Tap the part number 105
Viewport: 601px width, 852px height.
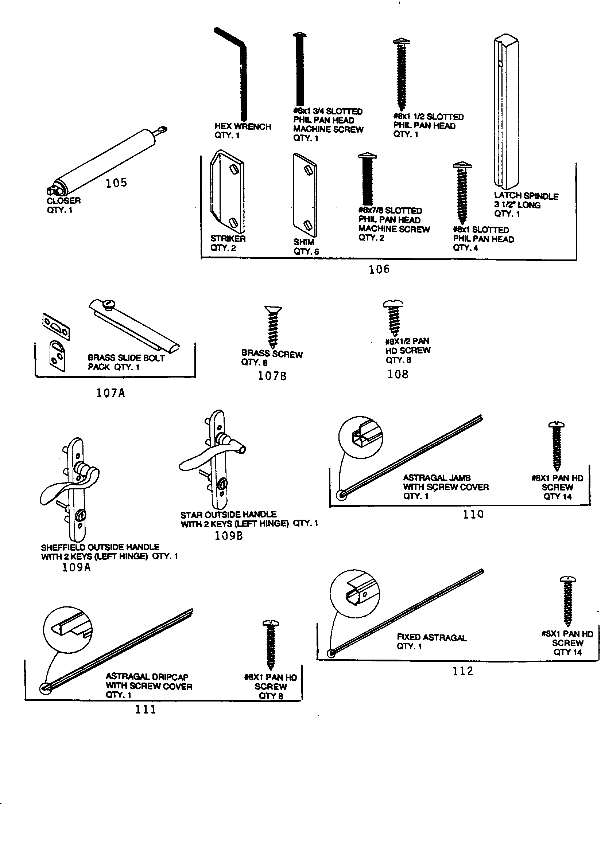pos(116,183)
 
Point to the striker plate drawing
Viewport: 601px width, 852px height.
pos(227,192)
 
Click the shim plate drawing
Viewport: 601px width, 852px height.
pos(305,195)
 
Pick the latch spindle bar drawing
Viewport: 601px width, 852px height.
pos(505,111)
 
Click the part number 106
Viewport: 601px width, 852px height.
pos(379,269)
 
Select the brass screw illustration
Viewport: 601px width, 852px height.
pos(273,327)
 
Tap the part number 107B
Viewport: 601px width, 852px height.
pos(272,376)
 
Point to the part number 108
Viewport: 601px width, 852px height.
pos(398,374)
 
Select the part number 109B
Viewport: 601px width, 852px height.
pos(228,535)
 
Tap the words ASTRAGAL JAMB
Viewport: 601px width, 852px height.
pos(437,478)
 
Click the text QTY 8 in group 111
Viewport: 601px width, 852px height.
pos(271,696)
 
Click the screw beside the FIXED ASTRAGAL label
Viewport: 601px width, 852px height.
pos(567,601)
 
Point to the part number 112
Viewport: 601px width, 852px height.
pos(462,671)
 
